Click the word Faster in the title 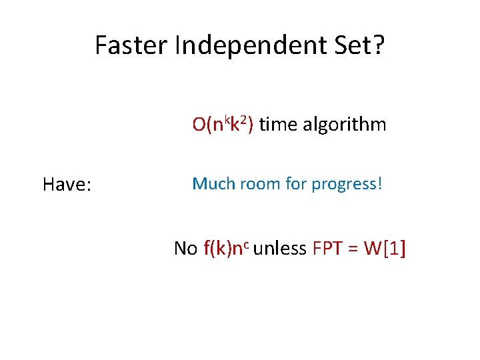(x=131, y=45)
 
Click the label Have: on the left (x=67, y=185)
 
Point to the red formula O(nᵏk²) (x=223, y=125)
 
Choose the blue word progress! (x=347, y=185)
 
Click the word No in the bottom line (x=185, y=249)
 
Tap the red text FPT (x=325, y=249)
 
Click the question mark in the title (x=379, y=45)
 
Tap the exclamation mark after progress (x=380, y=183)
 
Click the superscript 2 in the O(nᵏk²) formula (x=245, y=119)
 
